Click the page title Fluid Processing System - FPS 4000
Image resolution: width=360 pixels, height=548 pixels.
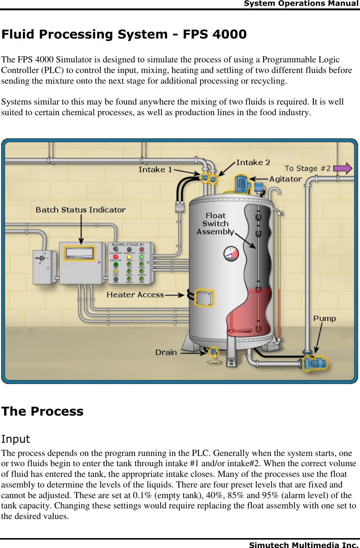pyautogui.click(x=124, y=34)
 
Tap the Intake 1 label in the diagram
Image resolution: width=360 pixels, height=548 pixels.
pyautogui.click(x=155, y=169)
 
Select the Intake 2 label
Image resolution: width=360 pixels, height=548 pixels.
pyautogui.click(x=253, y=162)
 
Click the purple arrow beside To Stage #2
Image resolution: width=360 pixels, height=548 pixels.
pyautogui.click(x=343, y=168)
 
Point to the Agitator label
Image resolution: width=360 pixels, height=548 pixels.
pyautogui.click(x=286, y=179)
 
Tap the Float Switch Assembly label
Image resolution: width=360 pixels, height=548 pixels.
pyautogui.click(x=215, y=224)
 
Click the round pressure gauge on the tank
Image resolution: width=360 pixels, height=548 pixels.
pyautogui.click(x=231, y=253)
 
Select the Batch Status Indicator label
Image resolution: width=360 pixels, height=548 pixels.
pyautogui.click(x=80, y=210)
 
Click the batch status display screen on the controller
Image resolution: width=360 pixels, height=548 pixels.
pyautogui.click(x=79, y=253)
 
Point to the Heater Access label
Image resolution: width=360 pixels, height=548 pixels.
pyautogui.click(x=135, y=295)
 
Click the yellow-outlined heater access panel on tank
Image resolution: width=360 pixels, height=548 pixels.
pyautogui.click(x=204, y=298)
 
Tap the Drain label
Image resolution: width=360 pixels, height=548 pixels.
pyautogui.click(x=166, y=352)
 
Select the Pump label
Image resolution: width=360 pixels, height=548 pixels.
pyautogui.click(x=324, y=318)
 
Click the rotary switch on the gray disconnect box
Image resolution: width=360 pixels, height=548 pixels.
pyautogui.click(x=42, y=258)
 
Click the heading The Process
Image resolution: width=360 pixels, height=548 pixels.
pyautogui.click(x=42, y=411)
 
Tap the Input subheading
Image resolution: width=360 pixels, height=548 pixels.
pyautogui.click(x=15, y=439)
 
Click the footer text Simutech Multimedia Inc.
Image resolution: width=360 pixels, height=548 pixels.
pyautogui.click(x=303, y=545)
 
